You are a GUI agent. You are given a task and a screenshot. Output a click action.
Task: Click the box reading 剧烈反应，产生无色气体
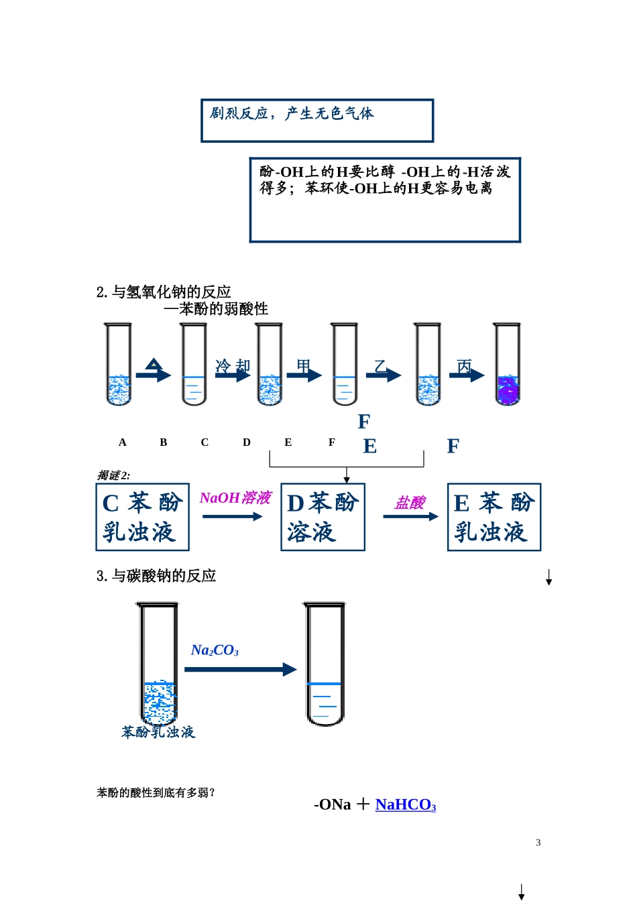(x=316, y=121)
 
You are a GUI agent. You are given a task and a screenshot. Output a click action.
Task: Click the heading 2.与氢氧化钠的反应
(x=164, y=292)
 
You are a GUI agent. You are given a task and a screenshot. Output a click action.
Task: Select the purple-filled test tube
(x=508, y=365)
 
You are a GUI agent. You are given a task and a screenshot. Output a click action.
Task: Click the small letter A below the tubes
(x=122, y=442)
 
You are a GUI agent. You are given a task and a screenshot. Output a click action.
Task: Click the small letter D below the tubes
(x=247, y=442)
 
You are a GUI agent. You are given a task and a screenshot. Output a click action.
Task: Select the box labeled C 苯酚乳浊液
(x=142, y=517)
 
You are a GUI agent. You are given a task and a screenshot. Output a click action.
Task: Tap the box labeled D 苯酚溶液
(x=323, y=517)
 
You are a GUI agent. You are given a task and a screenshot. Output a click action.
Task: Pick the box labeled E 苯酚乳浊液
(x=494, y=517)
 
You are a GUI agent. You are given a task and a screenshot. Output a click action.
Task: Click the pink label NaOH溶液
(x=235, y=498)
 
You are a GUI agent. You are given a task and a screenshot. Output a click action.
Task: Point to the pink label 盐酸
(x=410, y=503)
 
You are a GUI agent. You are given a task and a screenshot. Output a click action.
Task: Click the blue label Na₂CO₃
(x=215, y=650)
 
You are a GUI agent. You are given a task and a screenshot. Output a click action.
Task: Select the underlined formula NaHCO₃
(x=405, y=804)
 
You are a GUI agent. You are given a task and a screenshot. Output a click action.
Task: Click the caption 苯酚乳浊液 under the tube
(x=158, y=732)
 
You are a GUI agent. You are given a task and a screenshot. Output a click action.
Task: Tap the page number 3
(x=538, y=843)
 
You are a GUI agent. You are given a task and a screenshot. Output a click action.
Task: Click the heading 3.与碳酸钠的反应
(x=156, y=576)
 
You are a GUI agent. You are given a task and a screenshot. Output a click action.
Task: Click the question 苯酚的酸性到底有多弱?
(x=156, y=793)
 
